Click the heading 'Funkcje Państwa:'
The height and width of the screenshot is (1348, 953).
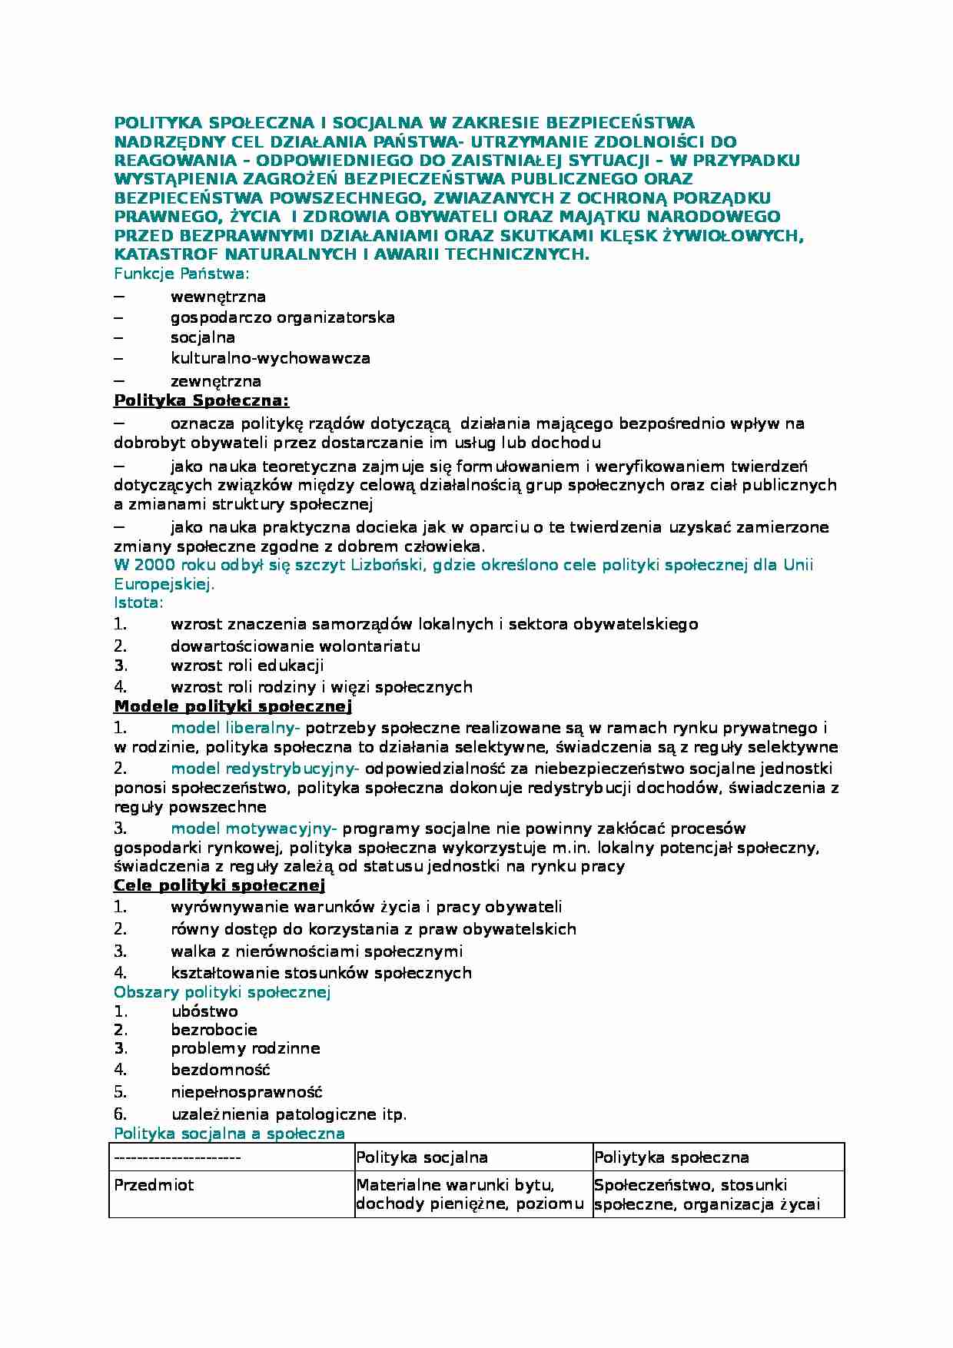[x=182, y=273]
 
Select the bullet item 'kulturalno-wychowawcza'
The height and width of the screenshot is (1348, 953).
[x=271, y=358]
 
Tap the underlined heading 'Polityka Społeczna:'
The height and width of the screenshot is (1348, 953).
[x=201, y=400]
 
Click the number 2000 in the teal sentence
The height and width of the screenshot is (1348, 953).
[x=150, y=566]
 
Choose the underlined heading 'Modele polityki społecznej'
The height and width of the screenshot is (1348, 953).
[x=233, y=706]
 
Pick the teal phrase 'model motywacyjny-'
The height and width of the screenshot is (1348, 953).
[x=254, y=828]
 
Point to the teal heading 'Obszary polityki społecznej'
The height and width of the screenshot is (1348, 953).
[x=222, y=992]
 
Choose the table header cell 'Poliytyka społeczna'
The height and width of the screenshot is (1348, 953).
[x=671, y=1157]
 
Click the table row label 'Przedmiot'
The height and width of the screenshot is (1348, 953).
[x=154, y=1185]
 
